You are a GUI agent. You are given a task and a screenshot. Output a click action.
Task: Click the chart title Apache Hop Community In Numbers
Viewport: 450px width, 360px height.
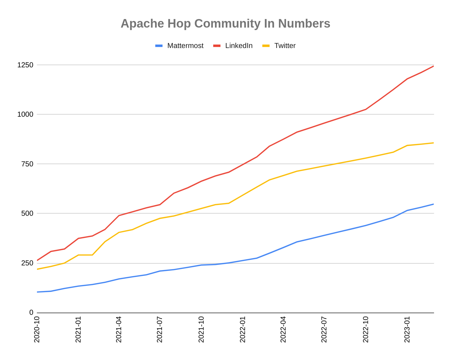pos(225,24)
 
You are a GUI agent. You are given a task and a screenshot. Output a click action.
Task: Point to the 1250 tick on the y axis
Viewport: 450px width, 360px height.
pos(25,65)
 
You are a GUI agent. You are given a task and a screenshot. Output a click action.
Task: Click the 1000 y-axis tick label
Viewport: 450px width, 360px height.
pos(25,114)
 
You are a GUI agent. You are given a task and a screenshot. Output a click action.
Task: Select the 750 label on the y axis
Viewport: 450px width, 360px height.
pos(27,164)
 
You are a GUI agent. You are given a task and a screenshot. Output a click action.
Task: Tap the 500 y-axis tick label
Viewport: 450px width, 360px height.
pos(27,213)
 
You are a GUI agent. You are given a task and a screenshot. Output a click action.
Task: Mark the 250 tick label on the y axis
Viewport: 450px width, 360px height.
pos(27,263)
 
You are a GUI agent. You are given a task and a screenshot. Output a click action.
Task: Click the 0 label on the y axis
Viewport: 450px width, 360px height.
pos(31,313)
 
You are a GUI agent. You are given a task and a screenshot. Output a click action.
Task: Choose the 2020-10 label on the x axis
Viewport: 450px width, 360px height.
pos(37,329)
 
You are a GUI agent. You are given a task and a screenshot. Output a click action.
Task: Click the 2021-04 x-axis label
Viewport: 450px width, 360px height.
pos(119,329)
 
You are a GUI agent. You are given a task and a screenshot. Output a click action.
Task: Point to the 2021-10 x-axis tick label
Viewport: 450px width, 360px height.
pos(201,329)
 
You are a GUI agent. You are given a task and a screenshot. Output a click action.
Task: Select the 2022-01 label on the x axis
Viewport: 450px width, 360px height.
pos(243,329)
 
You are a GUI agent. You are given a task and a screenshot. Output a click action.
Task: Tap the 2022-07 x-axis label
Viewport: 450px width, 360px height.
pos(324,329)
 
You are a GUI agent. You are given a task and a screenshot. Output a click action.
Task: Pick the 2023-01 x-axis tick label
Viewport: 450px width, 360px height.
pos(407,329)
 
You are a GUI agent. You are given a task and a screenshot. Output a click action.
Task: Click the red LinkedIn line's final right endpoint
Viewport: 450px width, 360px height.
pos(433,66)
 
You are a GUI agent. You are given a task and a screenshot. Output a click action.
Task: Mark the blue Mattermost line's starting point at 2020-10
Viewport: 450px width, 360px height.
pos(37,292)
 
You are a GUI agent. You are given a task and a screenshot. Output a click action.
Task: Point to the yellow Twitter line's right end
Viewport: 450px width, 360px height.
pos(433,143)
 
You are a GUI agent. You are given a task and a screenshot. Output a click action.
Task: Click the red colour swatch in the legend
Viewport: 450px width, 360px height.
pos(217,46)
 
